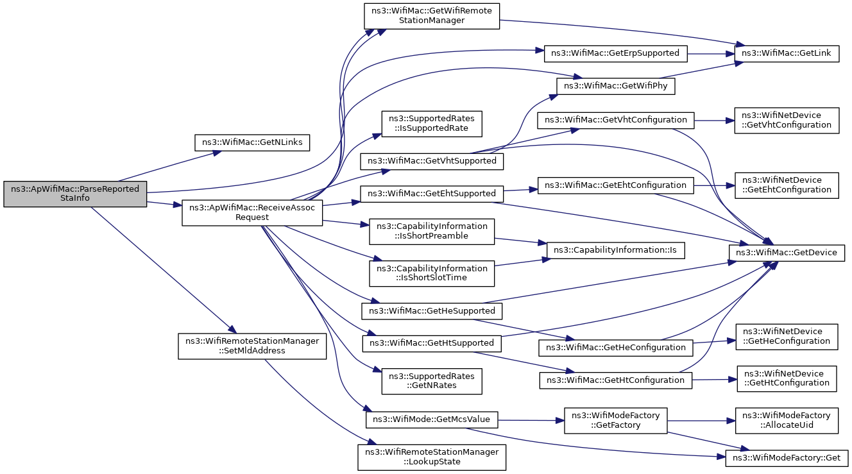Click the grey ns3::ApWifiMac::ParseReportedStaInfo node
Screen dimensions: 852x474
(75, 194)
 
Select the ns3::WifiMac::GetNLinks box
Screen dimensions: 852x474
(252, 142)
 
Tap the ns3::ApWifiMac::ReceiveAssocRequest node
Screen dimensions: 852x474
(252, 213)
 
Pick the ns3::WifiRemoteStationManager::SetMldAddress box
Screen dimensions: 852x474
(252, 346)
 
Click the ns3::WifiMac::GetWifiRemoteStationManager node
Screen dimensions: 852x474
(432, 16)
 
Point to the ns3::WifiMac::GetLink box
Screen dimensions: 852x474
(787, 54)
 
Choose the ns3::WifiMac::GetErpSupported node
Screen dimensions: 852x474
(615, 54)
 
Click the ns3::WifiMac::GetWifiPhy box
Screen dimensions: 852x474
(615, 87)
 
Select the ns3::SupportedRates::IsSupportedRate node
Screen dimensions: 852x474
(432, 124)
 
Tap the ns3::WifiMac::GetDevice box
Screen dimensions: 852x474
(787, 253)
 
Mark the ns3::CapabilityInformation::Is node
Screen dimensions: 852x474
(615, 251)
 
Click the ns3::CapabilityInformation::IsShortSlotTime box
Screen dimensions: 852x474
(432, 273)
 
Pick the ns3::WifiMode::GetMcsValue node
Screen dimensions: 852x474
(432, 419)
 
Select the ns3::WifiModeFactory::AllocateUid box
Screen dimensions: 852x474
(787, 421)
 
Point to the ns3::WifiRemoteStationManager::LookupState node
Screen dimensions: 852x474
(432, 457)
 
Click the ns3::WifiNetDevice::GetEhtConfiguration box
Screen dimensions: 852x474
(787, 185)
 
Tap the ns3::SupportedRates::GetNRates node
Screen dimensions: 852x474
(432, 381)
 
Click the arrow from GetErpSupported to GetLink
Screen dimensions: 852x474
(711, 54)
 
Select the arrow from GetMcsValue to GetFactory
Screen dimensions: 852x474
(531, 420)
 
